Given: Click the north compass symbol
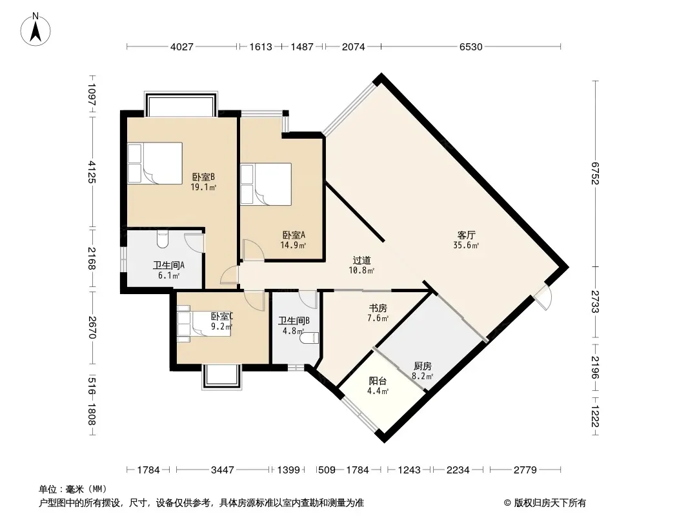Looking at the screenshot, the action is [35, 29].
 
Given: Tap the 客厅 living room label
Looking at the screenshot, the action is [466, 235].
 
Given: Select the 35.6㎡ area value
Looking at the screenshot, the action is [466, 246].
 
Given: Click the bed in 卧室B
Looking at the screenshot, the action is [155, 163].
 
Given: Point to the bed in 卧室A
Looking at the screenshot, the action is [266, 184].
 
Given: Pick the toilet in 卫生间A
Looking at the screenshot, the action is [163, 239].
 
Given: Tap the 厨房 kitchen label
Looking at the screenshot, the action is [423, 366].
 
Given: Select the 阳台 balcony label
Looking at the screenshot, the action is [378, 381].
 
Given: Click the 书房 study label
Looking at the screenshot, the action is [378, 308].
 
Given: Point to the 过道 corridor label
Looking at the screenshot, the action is [361, 261].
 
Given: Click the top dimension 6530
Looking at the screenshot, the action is [470, 46].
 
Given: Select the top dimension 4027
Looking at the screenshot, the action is [181, 46].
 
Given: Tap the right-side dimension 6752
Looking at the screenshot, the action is [596, 173].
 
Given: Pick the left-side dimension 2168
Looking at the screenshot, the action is [91, 259].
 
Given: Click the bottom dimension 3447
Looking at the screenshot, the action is [223, 470].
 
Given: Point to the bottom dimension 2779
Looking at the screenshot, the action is [525, 470].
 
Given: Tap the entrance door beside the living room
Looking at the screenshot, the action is [543, 297].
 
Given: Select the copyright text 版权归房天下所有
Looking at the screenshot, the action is [550, 503].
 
